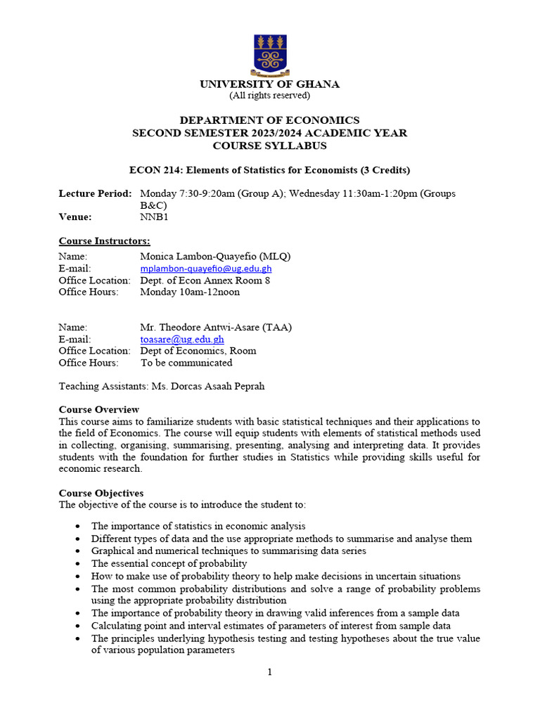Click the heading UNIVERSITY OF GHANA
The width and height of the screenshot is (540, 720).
269,84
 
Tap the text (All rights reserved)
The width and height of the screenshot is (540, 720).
269,96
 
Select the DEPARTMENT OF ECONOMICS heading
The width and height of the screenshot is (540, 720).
269,120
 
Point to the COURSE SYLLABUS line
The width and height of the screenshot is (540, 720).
269,146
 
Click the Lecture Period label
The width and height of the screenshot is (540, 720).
95,193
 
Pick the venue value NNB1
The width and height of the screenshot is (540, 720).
154,217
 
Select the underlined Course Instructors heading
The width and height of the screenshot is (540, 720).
104,241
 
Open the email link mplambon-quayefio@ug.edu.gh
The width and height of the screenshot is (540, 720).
206,269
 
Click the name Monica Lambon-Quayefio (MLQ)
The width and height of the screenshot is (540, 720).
215,257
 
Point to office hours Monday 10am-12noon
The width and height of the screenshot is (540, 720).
190,292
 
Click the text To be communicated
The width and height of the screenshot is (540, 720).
186,363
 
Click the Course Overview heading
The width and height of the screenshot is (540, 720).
99,409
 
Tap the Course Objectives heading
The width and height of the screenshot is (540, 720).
101,493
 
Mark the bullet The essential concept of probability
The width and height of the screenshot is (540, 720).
169,563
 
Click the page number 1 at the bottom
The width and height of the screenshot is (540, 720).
269,672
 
